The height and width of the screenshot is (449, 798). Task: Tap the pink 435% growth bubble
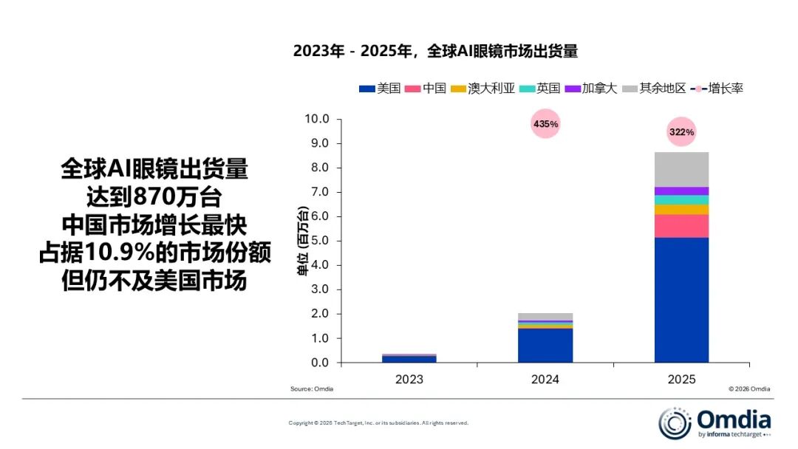click(545, 124)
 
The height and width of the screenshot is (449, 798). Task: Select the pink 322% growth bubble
click(681, 132)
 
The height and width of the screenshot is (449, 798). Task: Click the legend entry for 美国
click(380, 89)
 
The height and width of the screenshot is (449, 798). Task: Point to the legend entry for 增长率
click(717, 89)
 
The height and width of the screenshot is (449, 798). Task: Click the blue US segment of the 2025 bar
click(681, 299)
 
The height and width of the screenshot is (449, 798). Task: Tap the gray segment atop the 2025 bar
click(681, 169)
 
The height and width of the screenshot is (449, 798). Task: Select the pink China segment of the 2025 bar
click(681, 226)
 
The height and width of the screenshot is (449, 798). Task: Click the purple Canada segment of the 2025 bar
click(681, 191)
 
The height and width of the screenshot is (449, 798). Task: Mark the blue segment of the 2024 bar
click(545, 345)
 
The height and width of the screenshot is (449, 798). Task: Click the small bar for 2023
click(409, 359)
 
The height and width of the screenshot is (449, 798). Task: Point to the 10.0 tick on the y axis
click(317, 119)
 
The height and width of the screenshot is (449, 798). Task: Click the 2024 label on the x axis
click(545, 379)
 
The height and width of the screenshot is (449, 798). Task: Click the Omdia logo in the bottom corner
click(715, 423)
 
